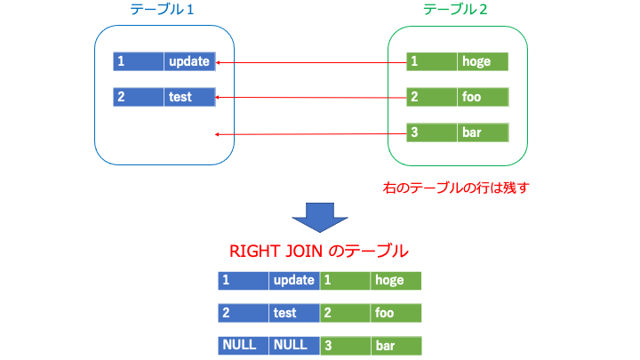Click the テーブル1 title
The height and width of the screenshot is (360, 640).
click(162, 10)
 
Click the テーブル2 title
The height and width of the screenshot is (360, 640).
click(455, 10)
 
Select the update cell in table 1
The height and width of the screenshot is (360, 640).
click(189, 61)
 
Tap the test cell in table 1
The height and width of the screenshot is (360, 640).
click(189, 97)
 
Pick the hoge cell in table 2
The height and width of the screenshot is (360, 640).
click(483, 61)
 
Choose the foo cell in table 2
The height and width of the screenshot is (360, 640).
click(483, 97)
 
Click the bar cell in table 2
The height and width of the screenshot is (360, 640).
click(483, 132)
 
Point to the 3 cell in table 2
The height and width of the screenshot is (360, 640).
click(432, 132)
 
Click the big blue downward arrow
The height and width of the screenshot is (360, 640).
click(320, 218)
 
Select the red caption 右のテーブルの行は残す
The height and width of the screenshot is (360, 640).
click(456, 188)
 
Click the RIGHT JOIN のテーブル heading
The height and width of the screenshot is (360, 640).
click(319, 251)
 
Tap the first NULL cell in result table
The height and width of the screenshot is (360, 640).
click(244, 345)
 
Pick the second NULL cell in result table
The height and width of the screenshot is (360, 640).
click(294, 345)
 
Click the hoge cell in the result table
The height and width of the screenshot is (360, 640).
click(396, 281)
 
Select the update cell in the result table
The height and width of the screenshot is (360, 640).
click(294, 281)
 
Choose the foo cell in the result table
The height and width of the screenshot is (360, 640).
click(396, 313)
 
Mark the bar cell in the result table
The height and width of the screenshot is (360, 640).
click(396, 345)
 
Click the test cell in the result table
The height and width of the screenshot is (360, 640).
click(294, 313)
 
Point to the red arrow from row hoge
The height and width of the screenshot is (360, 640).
click(311, 63)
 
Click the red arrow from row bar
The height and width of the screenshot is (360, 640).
click(311, 134)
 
